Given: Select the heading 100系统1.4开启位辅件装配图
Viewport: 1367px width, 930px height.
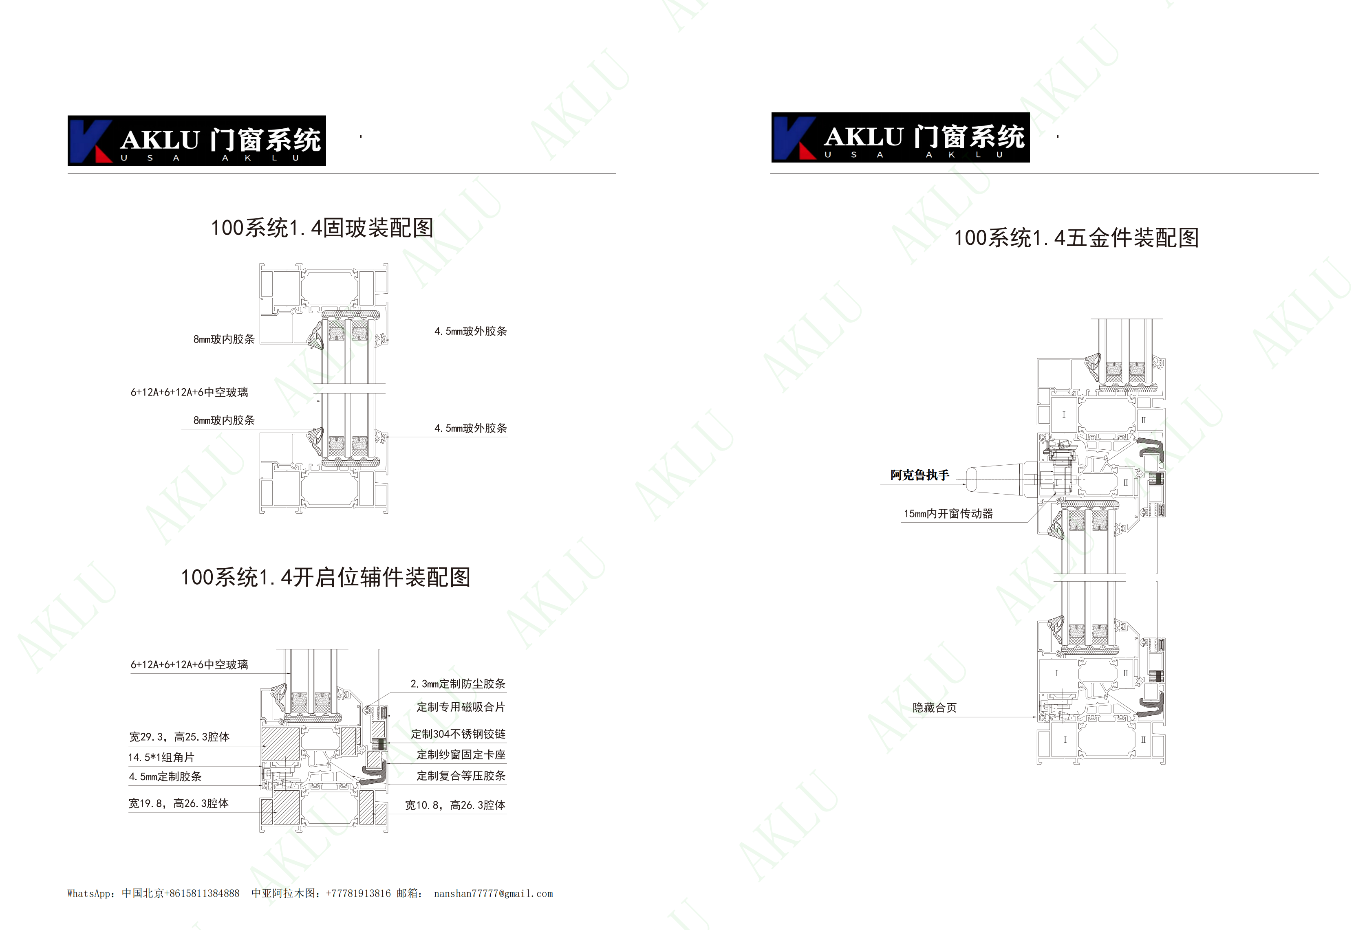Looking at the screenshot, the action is coord(325,577).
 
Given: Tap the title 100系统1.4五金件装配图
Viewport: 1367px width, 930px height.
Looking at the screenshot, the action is coord(1076,238).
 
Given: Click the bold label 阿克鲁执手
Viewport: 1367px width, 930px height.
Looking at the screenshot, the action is coord(919,475).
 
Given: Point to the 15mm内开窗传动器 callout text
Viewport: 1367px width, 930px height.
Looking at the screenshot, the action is coord(948,514).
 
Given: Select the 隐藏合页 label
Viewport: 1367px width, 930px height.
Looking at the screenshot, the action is coord(935,708).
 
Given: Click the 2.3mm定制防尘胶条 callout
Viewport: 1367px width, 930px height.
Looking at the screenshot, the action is coord(458,684).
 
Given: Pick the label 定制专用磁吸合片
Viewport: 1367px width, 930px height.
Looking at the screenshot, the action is coord(461,707).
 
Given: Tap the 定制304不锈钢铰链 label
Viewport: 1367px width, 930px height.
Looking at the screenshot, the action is coord(458,734).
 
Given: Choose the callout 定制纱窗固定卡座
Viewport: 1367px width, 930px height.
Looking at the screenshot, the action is coord(461,755).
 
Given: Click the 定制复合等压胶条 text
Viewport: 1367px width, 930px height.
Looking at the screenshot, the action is coord(461,776).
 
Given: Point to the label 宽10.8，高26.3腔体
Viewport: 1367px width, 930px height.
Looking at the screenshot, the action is coord(455,805).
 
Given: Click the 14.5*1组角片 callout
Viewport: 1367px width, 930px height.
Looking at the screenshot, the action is coord(161,758).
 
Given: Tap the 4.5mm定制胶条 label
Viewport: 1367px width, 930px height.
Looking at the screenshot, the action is coord(165,776).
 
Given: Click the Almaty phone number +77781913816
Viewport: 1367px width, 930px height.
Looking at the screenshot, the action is coord(358,894).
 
